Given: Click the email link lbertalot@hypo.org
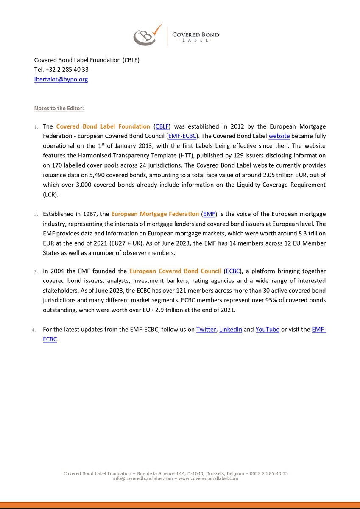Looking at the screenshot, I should click(x=61, y=79).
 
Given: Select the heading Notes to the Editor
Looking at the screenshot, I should click(x=59, y=108).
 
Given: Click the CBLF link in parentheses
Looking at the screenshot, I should click(x=162, y=126).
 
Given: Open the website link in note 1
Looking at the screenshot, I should click(x=279, y=136).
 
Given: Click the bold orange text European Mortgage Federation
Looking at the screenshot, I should click(x=155, y=214).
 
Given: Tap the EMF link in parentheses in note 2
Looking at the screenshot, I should click(x=209, y=214).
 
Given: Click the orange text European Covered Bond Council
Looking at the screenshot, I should click(x=176, y=271).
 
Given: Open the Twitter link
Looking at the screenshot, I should click(x=206, y=330).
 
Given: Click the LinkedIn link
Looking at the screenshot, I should click(x=230, y=330).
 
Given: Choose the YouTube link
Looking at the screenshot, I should click(x=267, y=330).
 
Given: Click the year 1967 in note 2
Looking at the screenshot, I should click(x=89, y=214).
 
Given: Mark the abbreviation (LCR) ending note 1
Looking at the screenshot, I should click(x=50, y=194).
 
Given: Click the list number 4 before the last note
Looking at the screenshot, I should click(x=36, y=330).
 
